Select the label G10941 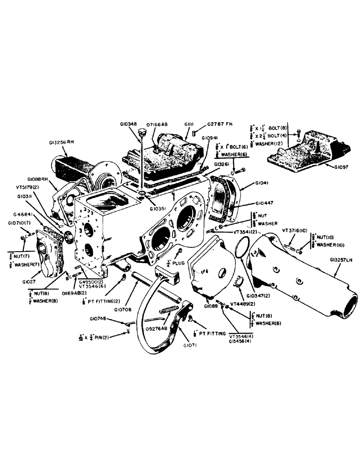210,138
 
